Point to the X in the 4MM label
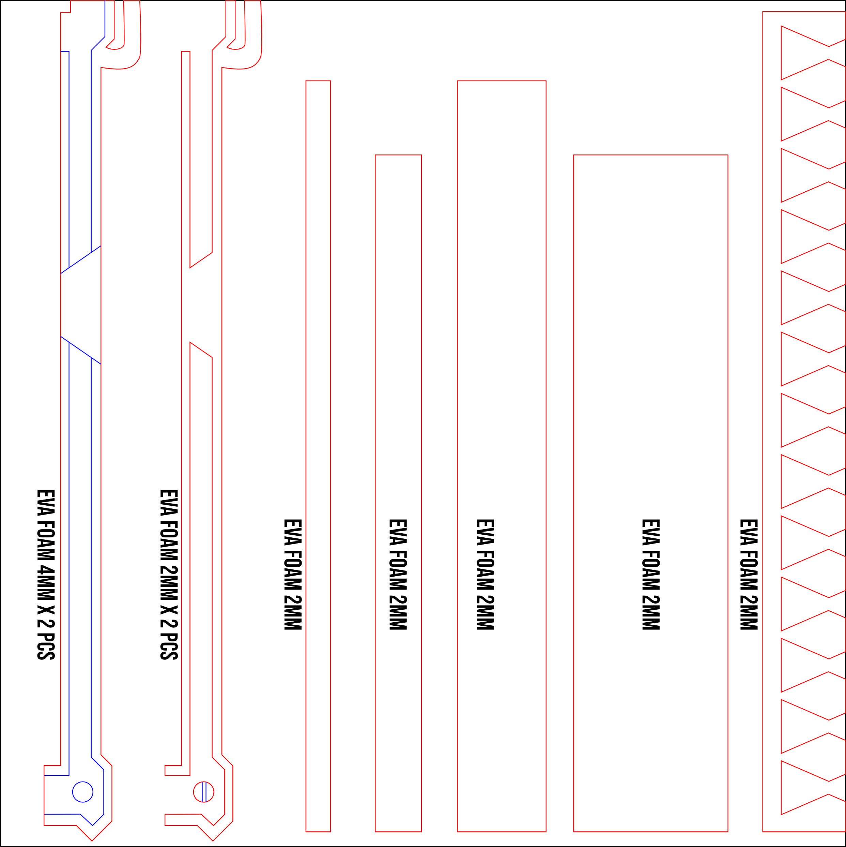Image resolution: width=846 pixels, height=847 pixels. pyautogui.click(x=46, y=610)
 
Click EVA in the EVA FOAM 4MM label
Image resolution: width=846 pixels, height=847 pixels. pyautogui.click(x=46, y=502)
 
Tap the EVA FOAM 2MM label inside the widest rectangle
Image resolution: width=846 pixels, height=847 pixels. pyautogui.click(x=651, y=574)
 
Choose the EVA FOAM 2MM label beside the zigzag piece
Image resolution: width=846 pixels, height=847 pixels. pyautogui.click(x=749, y=574)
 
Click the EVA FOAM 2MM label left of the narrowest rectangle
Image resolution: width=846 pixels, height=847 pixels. pyautogui.click(x=293, y=574)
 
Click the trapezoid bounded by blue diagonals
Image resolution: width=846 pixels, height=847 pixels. pyautogui.click(x=81, y=305)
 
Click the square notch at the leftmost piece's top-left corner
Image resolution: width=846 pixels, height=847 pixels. pyautogui.click(x=65, y=6)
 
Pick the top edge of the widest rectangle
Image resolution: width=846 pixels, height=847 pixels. pyautogui.click(x=651, y=155)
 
